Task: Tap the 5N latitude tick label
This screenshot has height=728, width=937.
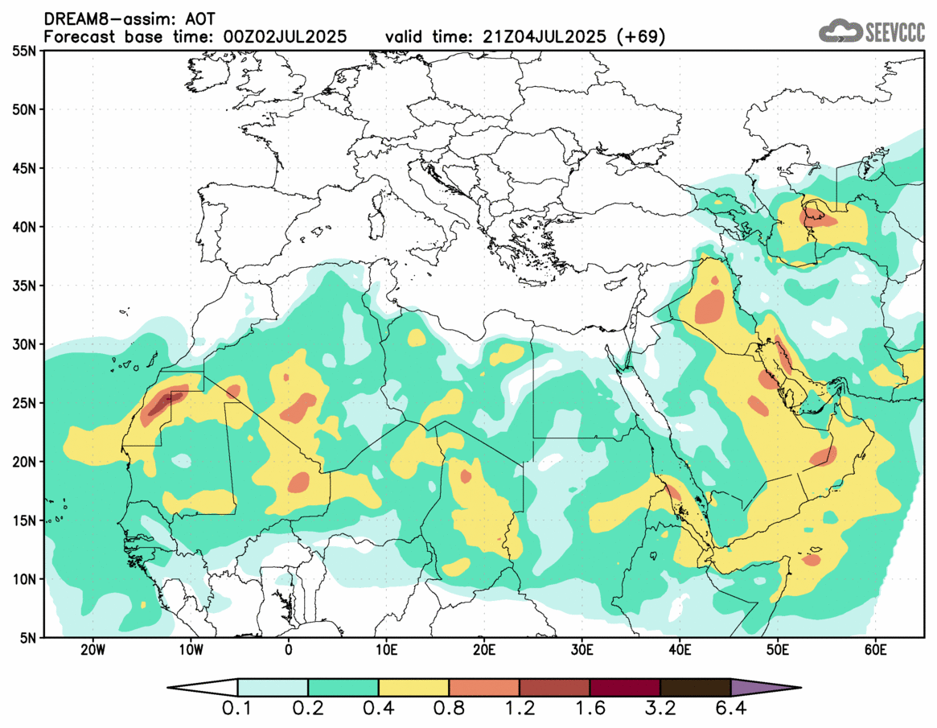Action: [x=27, y=638]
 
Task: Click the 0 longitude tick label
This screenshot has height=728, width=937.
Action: [x=288, y=650]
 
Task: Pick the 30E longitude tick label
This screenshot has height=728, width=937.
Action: [x=582, y=650]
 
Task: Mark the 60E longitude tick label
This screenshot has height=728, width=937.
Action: [x=875, y=650]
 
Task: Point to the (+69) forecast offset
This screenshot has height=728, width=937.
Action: [x=639, y=37]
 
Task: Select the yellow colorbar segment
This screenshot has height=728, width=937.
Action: [x=413, y=688]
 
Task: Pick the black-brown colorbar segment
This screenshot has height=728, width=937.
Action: [x=695, y=688]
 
